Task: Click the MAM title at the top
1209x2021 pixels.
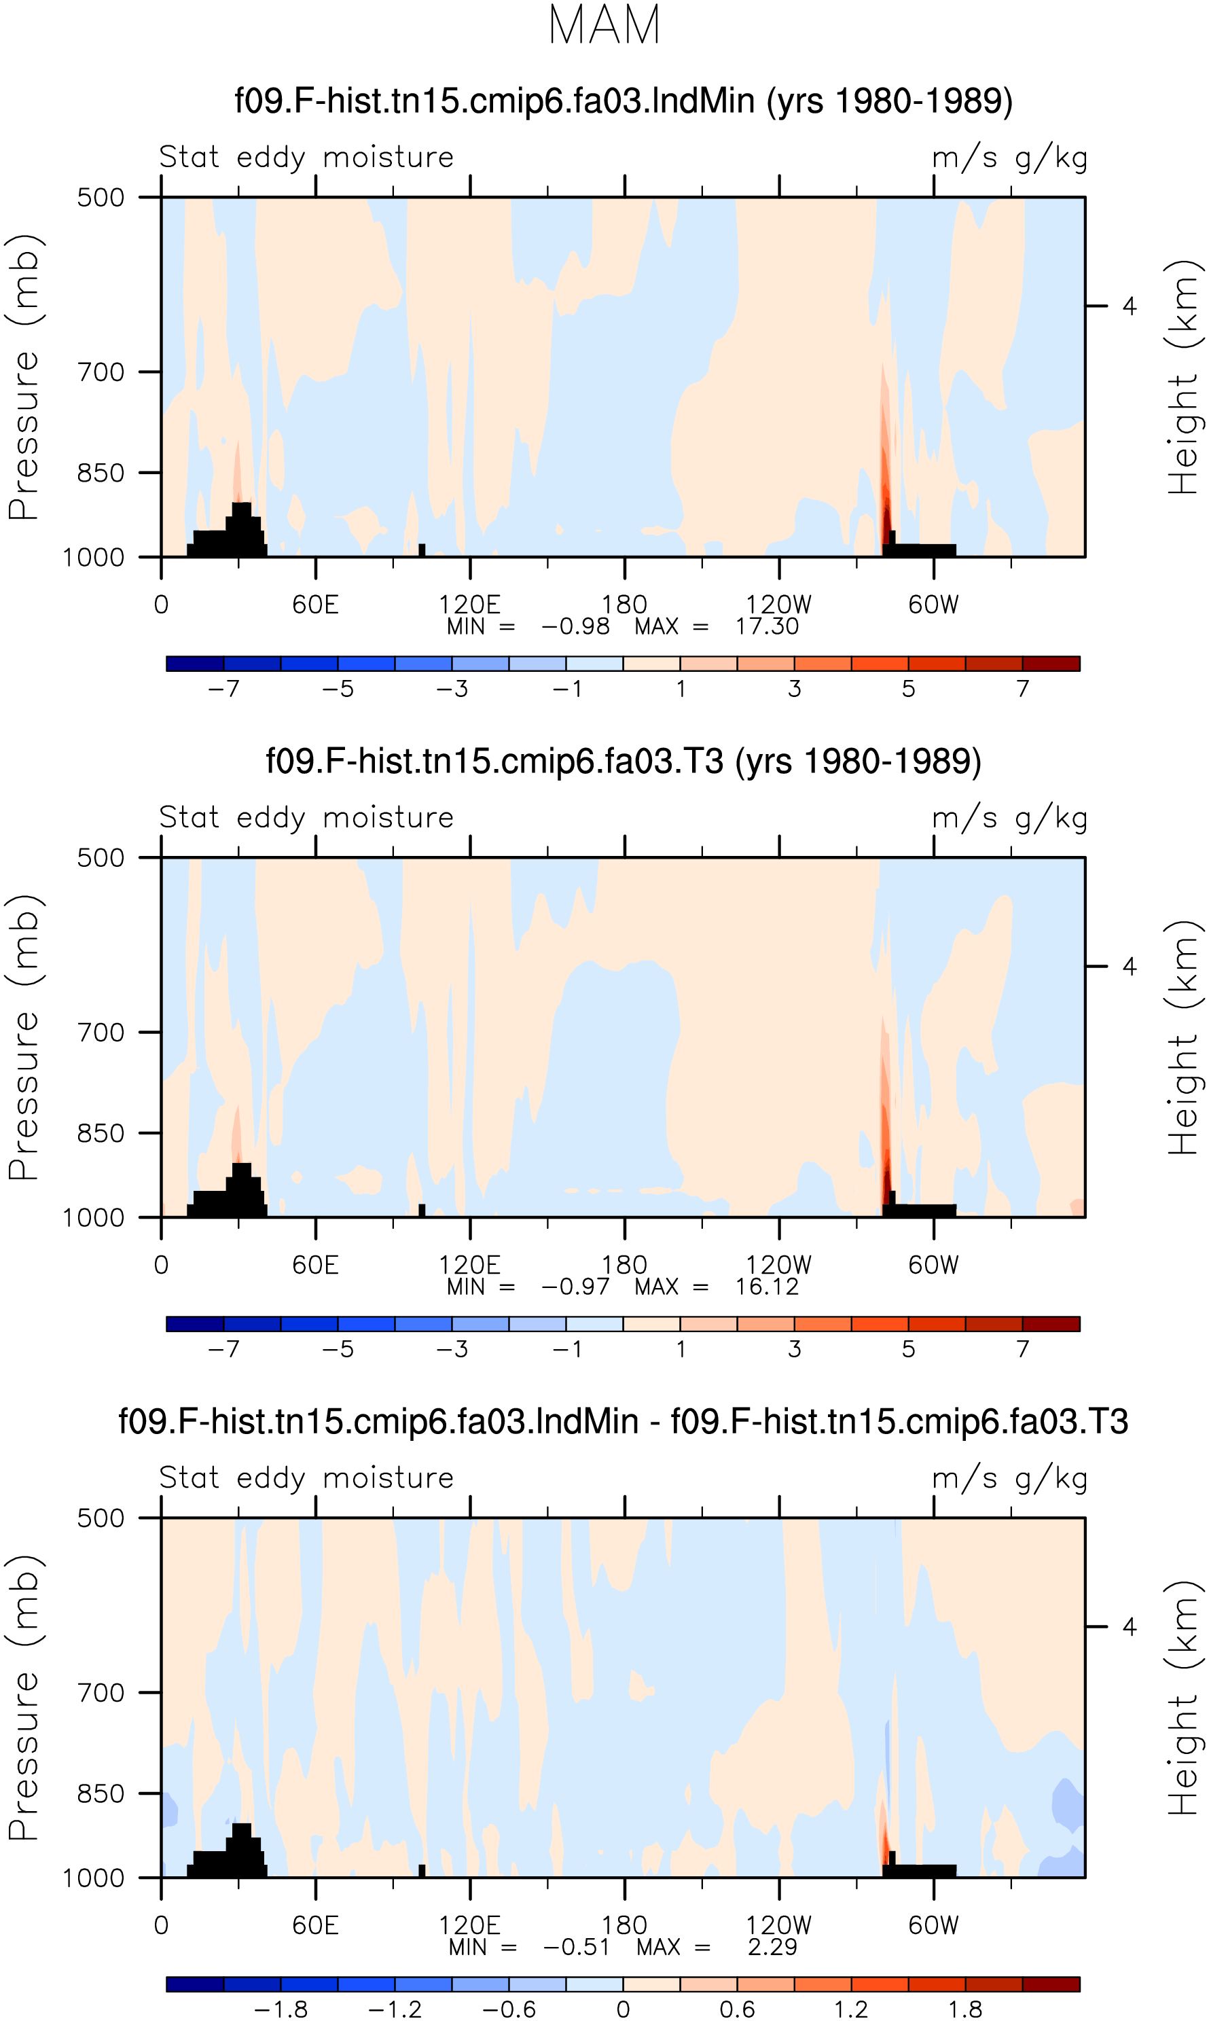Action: click(x=604, y=25)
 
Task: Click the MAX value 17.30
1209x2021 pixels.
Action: click(x=767, y=626)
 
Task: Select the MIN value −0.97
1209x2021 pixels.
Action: click(x=575, y=1287)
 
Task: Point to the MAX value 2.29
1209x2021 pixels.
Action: click(x=772, y=1947)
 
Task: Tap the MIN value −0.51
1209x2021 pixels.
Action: click(x=577, y=1947)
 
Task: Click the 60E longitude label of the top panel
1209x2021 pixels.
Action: click(x=315, y=605)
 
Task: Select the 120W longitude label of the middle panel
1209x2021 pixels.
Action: click(x=779, y=1265)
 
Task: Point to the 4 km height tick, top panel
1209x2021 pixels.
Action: click(x=1129, y=306)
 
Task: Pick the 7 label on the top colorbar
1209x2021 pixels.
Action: click(x=1022, y=689)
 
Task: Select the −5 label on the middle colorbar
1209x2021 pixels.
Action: click(x=338, y=1350)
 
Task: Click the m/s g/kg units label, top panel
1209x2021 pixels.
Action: click(x=1010, y=157)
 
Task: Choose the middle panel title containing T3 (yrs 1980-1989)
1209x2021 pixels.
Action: click(x=624, y=761)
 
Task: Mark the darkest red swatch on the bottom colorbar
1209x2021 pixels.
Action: click(x=1051, y=1984)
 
